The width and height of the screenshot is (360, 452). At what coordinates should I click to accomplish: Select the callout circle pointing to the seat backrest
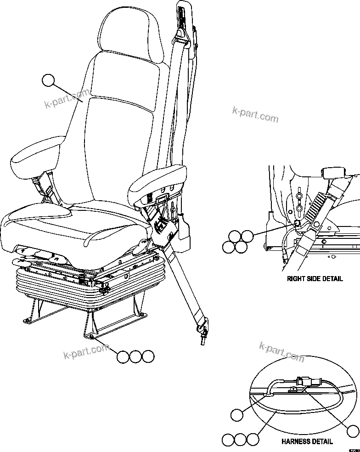click(x=48, y=80)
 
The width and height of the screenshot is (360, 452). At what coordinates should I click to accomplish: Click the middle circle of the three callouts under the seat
click(x=135, y=357)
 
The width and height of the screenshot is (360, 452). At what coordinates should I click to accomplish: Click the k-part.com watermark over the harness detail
click(x=281, y=352)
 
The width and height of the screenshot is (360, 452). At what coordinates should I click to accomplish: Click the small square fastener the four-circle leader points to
click(x=297, y=223)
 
